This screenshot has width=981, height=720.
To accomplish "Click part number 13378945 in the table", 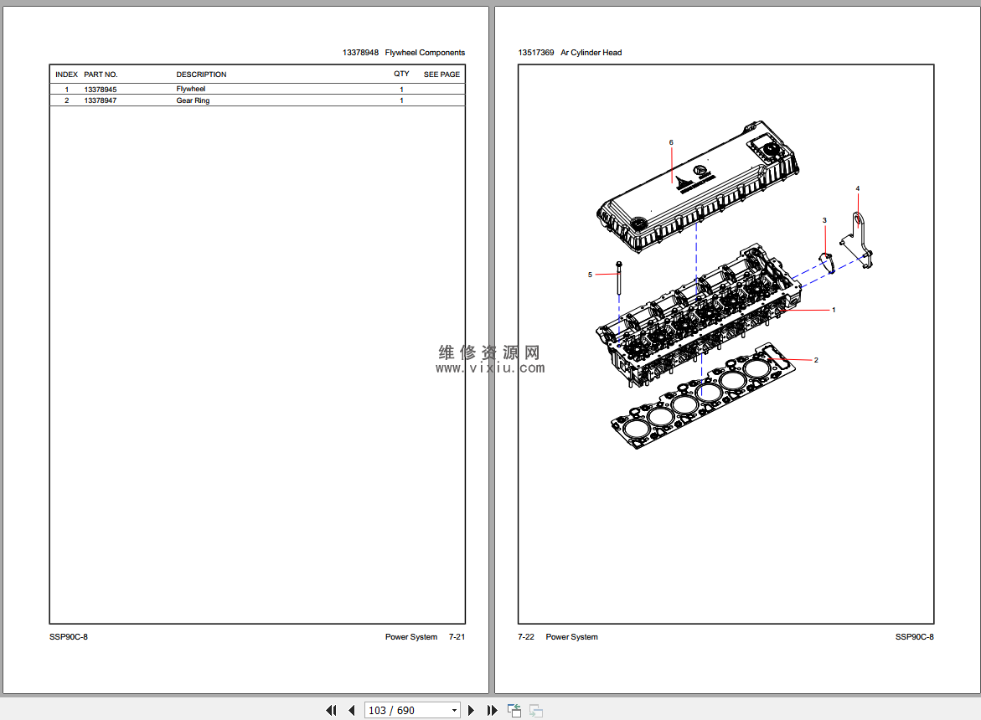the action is point(100,90).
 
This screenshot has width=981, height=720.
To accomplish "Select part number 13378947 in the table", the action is point(100,100).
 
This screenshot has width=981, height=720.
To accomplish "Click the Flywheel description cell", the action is point(190,90).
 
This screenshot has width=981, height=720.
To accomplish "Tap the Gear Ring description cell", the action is point(193,100).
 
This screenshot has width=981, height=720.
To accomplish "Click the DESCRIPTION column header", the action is point(201,75).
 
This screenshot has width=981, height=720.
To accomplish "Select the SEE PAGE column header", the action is point(441,75).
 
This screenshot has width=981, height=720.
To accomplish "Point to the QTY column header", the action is point(401,74).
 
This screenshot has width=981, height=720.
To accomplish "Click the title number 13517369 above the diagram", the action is point(535,53).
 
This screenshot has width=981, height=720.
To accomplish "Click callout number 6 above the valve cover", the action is point(671,142).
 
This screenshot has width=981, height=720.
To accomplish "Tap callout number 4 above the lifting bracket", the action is point(858,188).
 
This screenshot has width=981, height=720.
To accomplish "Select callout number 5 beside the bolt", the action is point(590,275).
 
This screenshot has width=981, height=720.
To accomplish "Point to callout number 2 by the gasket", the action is point(816,360).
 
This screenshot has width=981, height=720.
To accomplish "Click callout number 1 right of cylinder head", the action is point(834,310).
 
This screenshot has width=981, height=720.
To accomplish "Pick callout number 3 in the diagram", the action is point(824,220).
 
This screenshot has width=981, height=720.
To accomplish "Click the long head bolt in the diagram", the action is point(619,278).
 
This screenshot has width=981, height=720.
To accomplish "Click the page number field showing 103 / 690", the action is point(412,710).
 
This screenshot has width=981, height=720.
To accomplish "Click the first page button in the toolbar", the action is point(331,710).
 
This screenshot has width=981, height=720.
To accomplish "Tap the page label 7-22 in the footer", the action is point(526,637).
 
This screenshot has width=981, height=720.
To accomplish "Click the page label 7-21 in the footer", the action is point(457,637).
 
